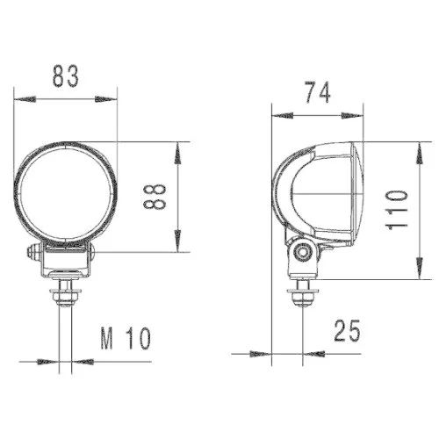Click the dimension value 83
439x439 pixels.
coord(65,76)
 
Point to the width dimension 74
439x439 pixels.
coord(318,93)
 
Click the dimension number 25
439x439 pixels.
coord(349,331)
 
